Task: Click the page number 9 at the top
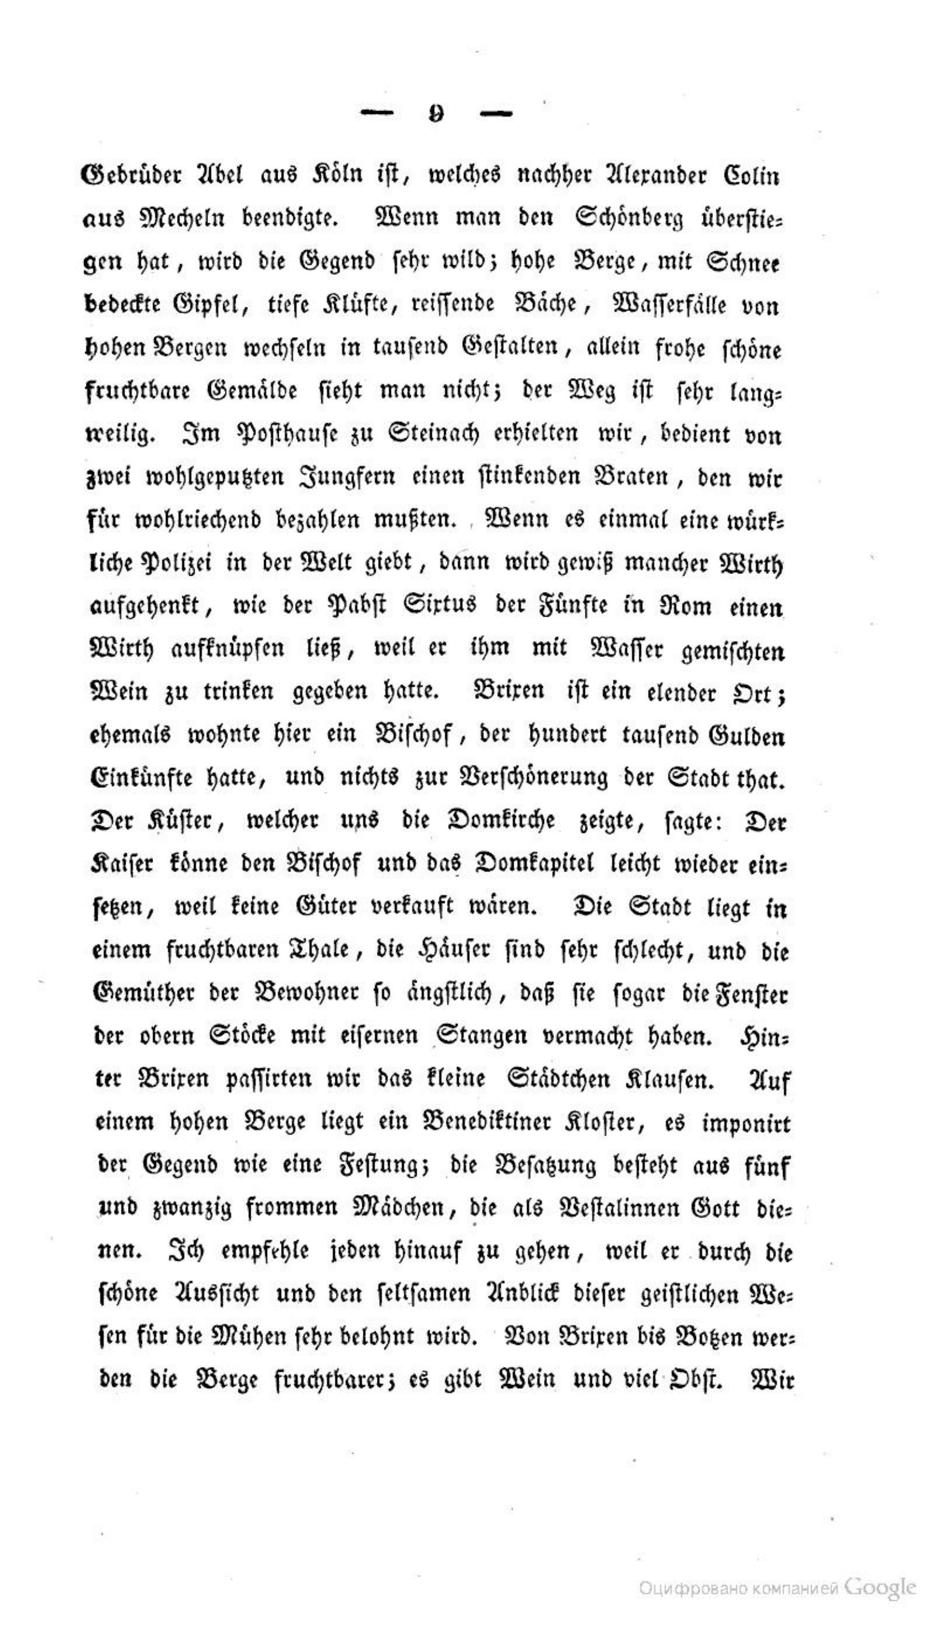(x=436, y=114)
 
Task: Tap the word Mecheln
(x=182, y=218)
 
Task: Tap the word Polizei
(x=151, y=564)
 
